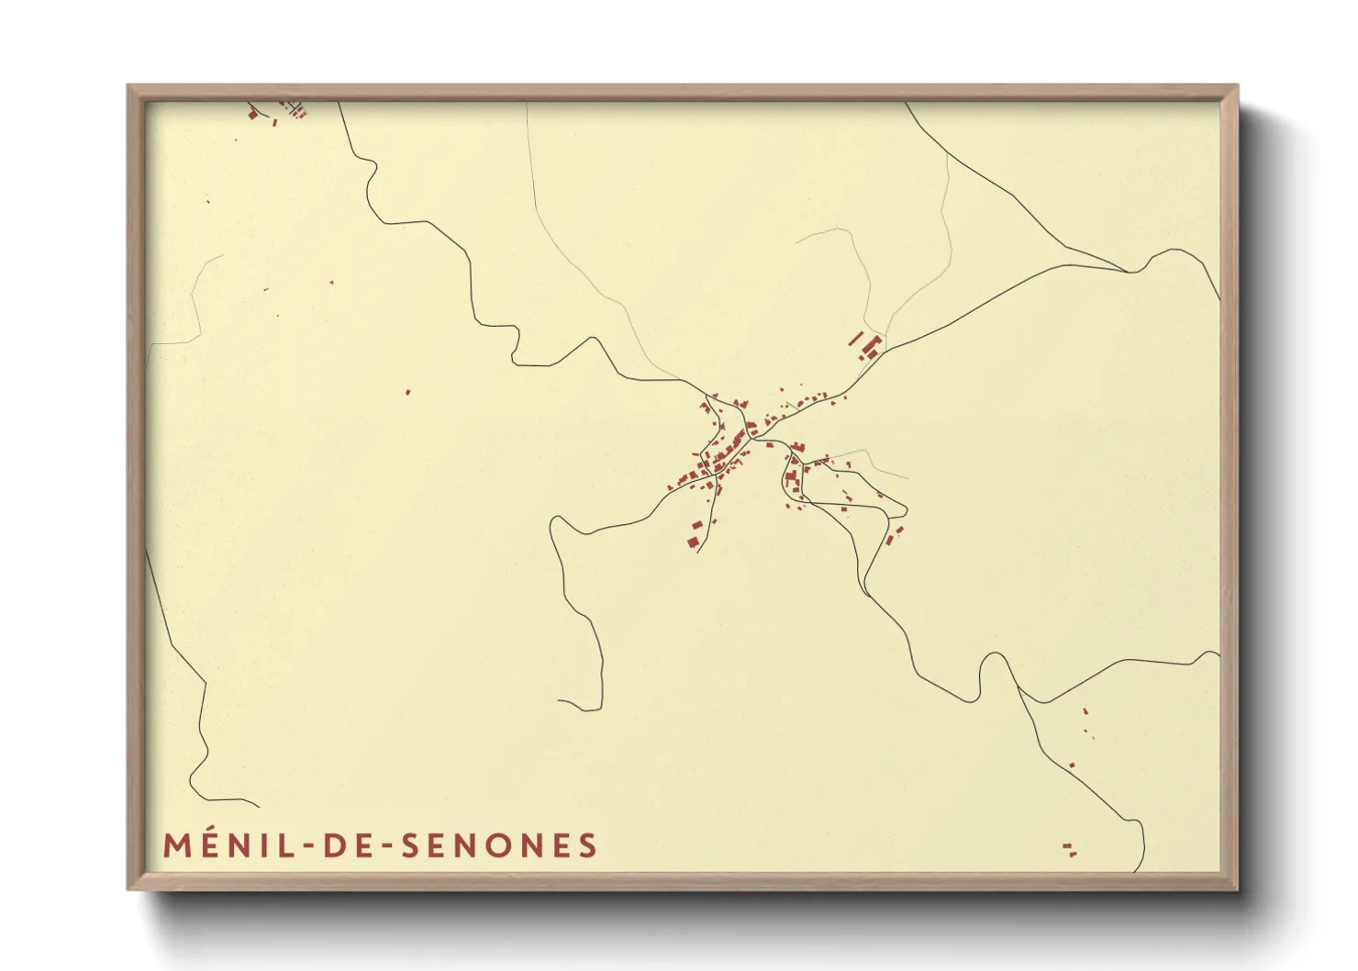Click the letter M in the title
coord(178,845)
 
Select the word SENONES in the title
coord(500,845)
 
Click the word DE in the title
coord(345,845)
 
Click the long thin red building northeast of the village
coord(857,338)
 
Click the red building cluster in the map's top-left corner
coord(275,112)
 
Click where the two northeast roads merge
coord(1129,272)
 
